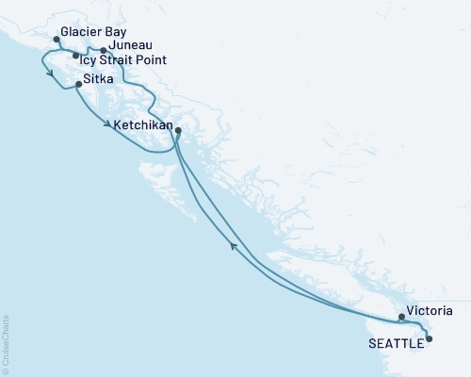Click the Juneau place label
tap(131, 44)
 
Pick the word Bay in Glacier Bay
tap(115, 31)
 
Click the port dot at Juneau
tap(103, 49)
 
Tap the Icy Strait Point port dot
tap(76, 57)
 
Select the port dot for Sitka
tap(78, 85)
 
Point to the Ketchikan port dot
tap(178, 131)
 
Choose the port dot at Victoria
tap(401, 317)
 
